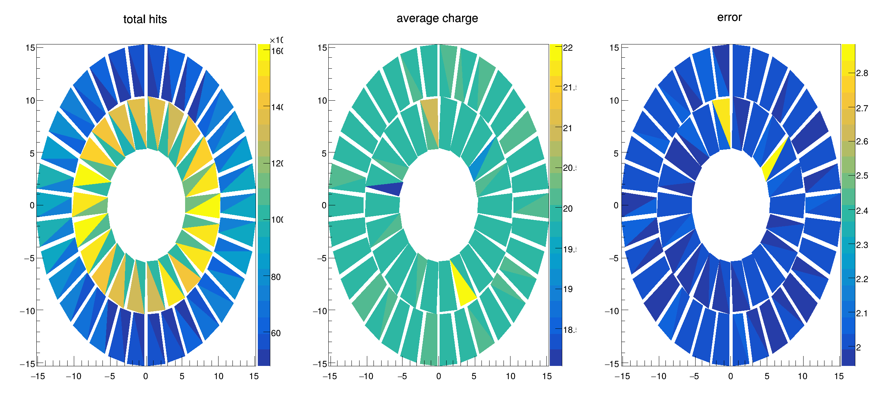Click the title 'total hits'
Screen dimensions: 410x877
coord(145,19)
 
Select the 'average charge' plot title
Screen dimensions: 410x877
coord(437,18)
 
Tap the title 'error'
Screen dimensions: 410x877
coord(729,17)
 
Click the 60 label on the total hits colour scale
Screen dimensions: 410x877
coord(276,333)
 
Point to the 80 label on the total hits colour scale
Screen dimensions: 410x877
coord(276,277)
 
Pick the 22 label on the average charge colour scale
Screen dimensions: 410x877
coord(568,48)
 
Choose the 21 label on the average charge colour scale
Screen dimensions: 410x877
coord(568,128)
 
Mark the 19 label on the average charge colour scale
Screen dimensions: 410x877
coord(568,289)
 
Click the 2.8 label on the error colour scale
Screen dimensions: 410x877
coord(862,73)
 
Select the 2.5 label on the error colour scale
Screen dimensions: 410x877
coord(862,176)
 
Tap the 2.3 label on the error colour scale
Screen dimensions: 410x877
coord(862,245)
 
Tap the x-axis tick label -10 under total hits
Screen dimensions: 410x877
coord(73,376)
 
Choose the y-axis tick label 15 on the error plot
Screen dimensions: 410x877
coord(614,48)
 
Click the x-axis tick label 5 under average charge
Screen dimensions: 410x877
coord(474,376)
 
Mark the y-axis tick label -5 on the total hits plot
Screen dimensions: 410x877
coord(29,258)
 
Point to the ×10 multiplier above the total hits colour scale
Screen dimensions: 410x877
coord(277,40)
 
